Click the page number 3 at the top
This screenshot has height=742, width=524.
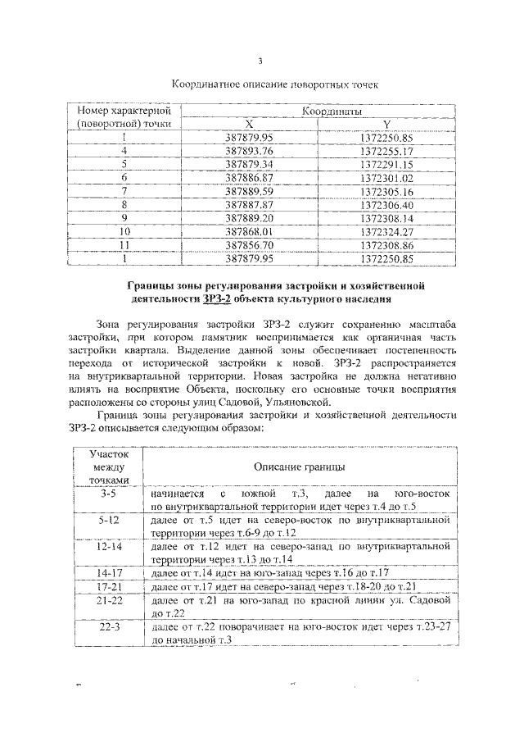(x=260, y=61)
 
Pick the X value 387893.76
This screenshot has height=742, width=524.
(x=254, y=151)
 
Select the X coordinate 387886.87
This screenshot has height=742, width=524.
(x=254, y=177)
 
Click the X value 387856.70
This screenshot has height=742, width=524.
(x=254, y=244)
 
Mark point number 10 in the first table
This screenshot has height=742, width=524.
(x=124, y=231)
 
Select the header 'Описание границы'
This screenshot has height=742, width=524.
(x=299, y=466)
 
